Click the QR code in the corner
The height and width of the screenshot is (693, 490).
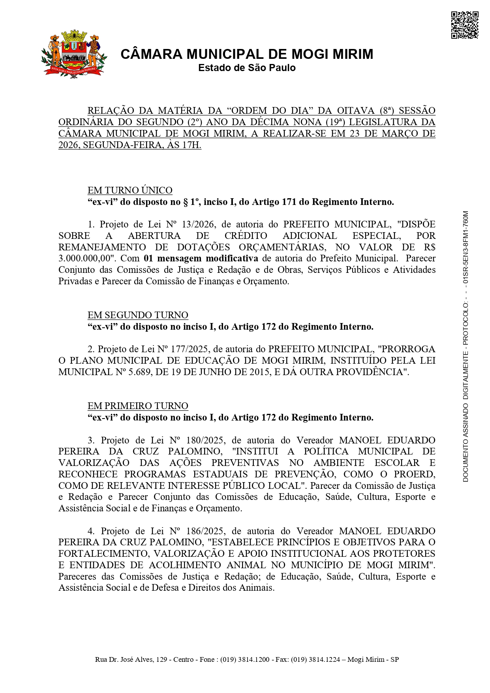click(x=464, y=25)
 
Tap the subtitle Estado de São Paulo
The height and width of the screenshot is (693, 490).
click(x=247, y=68)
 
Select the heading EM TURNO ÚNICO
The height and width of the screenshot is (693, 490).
click(x=130, y=190)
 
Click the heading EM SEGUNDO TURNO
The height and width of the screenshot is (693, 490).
click(x=138, y=315)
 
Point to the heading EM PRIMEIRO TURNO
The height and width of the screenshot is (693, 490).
click(x=138, y=406)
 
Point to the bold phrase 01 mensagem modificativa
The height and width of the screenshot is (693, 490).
click(x=201, y=259)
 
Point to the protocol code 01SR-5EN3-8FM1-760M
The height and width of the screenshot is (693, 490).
click(x=466, y=248)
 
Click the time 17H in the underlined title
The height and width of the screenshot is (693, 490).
click(x=191, y=145)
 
